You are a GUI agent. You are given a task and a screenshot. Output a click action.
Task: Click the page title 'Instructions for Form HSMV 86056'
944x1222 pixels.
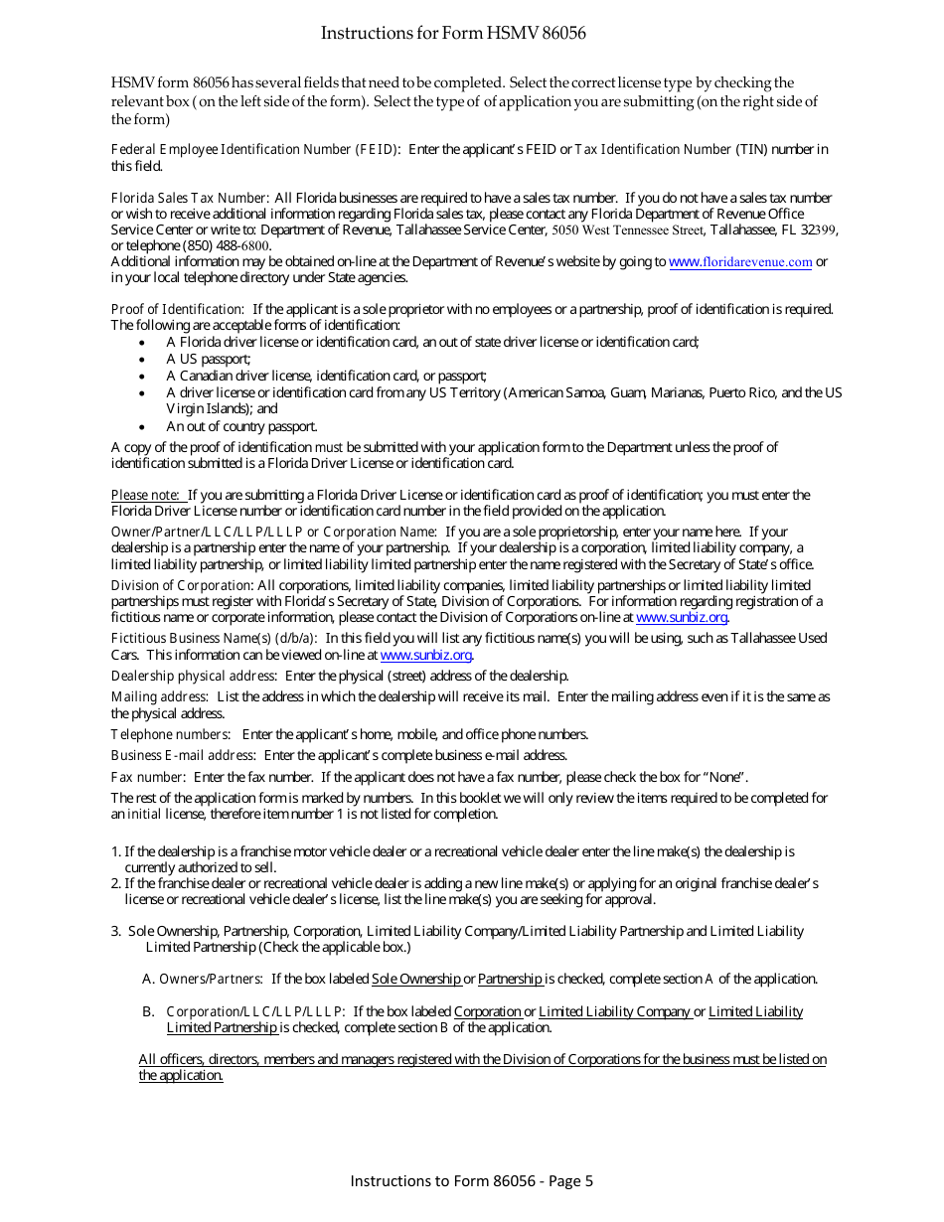point(453,34)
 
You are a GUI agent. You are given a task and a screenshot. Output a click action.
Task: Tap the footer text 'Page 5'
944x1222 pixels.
point(570,1181)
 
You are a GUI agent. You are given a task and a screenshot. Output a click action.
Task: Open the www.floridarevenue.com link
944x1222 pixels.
point(740,262)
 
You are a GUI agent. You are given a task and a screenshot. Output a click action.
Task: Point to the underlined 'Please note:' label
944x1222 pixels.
point(145,495)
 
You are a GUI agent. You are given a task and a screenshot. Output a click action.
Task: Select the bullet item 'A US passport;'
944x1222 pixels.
point(208,359)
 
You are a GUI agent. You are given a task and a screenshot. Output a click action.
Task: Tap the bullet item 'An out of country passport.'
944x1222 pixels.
point(241,427)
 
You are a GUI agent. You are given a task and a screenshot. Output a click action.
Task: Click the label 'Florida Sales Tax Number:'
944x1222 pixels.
point(190,199)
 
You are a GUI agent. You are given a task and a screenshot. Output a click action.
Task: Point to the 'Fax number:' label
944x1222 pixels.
point(148,777)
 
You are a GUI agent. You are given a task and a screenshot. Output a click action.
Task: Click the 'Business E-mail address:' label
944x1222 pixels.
point(183,756)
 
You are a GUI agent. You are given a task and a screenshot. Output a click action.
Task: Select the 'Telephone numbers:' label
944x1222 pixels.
point(171,735)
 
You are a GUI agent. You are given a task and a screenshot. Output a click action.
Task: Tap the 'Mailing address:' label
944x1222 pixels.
point(159,697)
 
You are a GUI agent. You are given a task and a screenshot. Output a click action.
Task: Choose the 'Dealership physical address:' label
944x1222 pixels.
point(194,677)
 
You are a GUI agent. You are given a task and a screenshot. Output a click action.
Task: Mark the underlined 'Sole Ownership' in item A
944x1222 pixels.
point(415,980)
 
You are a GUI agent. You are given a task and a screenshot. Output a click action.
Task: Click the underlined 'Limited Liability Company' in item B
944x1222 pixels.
point(614,1012)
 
